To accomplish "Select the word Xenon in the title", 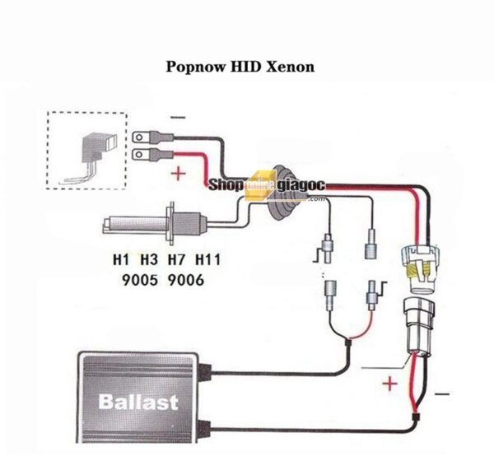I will click(289, 65).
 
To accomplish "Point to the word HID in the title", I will click(245, 65).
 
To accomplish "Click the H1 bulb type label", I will click(122, 261).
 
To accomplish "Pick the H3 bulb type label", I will click(149, 261).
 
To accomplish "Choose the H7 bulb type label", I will click(177, 261).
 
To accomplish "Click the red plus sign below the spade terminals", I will click(177, 174).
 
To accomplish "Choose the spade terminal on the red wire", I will click(142, 154).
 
